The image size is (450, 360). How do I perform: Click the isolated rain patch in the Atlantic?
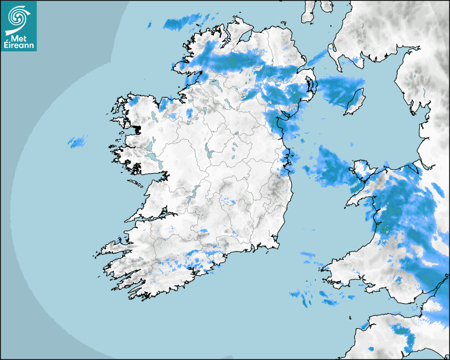click(x=77, y=141)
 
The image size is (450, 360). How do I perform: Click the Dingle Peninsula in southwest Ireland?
click(x=114, y=246)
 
